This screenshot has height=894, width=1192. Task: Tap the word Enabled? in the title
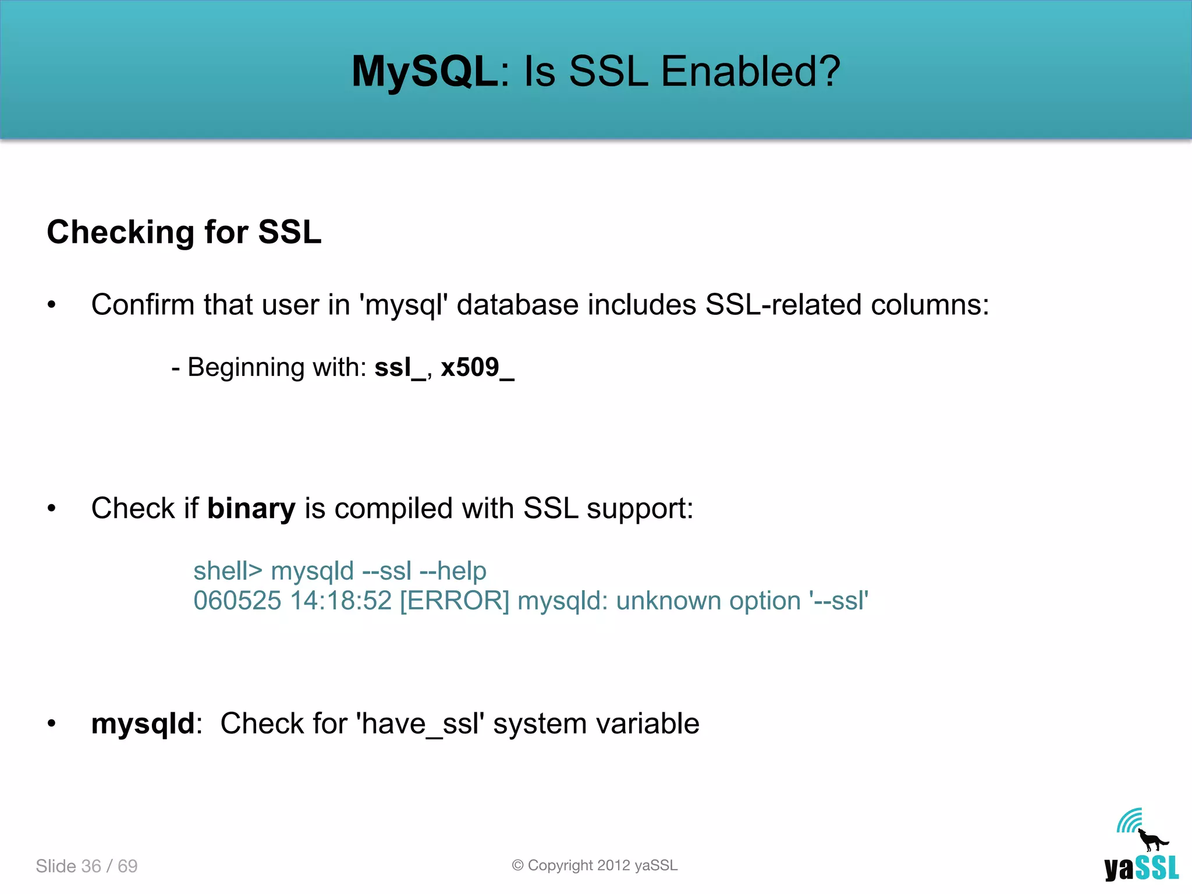pyautogui.click(x=751, y=72)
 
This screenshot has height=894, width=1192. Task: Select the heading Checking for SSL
pyautogui.click(x=184, y=232)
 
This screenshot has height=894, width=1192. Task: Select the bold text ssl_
pyautogui.click(x=400, y=368)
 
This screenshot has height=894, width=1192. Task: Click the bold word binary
pyautogui.click(x=251, y=508)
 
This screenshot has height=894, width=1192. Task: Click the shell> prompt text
pyautogui.click(x=228, y=571)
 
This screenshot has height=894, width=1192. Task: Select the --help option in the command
pyautogui.click(x=453, y=571)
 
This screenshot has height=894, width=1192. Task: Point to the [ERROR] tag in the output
pyautogui.click(x=455, y=601)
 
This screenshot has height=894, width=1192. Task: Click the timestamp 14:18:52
pyautogui.click(x=341, y=601)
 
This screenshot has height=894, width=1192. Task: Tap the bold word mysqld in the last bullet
pyautogui.click(x=143, y=723)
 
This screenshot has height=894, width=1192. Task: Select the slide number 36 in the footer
pyautogui.click(x=91, y=866)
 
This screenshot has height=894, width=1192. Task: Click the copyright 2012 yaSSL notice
pyautogui.click(x=595, y=865)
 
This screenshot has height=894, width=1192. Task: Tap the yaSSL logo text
pyautogui.click(x=1141, y=868)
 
